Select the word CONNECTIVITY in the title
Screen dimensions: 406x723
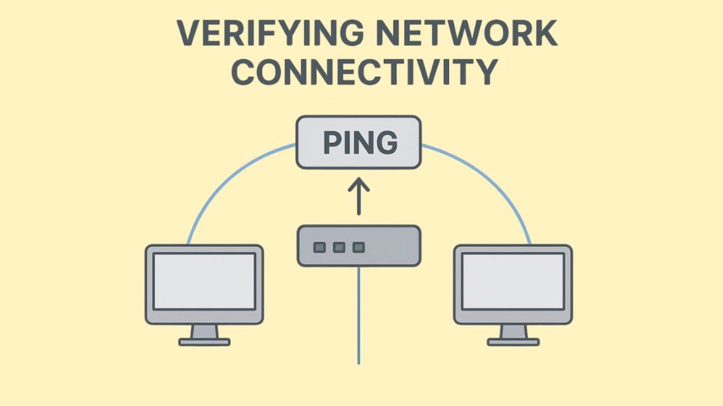363,72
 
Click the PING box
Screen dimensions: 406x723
359,143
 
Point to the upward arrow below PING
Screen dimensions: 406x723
359,196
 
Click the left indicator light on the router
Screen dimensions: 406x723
319,247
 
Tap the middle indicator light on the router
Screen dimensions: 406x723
339,247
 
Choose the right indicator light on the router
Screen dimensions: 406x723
359,247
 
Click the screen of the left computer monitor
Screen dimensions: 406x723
204,281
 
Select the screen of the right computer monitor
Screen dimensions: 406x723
512,281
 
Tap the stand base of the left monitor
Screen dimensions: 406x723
204,342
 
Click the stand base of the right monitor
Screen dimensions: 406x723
512,342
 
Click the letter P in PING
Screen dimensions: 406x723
330,143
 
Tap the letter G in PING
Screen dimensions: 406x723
386,143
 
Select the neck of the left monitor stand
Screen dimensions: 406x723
204,331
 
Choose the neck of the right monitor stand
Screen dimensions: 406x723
512,331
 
